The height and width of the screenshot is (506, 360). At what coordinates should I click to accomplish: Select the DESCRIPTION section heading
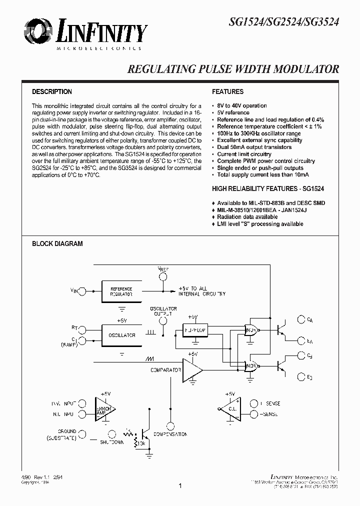[52, 92]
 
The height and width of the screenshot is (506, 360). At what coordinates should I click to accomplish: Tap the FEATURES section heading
[227, 92]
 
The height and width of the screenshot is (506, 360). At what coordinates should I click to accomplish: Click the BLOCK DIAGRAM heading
[57, 244]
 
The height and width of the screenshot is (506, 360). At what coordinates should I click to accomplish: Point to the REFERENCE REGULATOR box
[121, 291]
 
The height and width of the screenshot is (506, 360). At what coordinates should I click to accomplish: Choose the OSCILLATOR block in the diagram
[121, 335]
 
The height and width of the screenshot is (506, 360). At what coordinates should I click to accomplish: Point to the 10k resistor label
[143, 443]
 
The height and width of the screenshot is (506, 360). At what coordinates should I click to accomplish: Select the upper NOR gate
[251, 330]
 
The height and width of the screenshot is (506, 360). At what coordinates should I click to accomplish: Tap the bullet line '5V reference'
[233, 113]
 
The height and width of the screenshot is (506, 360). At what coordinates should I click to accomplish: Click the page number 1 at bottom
[180, 485]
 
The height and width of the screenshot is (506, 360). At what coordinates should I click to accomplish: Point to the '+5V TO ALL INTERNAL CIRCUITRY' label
[202, 291]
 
